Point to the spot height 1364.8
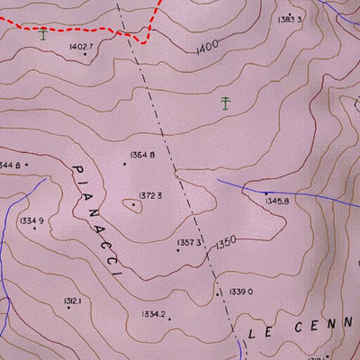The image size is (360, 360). tap(142, 155)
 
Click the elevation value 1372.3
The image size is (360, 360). tap(149, 195)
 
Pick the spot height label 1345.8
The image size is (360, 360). tap(277, 201)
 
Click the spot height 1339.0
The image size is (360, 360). tap(241, 292)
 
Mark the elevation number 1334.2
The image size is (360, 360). tap(153, 314)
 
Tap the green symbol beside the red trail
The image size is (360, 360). tap(43, 35)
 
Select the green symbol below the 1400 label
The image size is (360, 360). tap(224, 103)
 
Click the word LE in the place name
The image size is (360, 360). tap(259, 332)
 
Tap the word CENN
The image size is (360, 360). tap(319, 326)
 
